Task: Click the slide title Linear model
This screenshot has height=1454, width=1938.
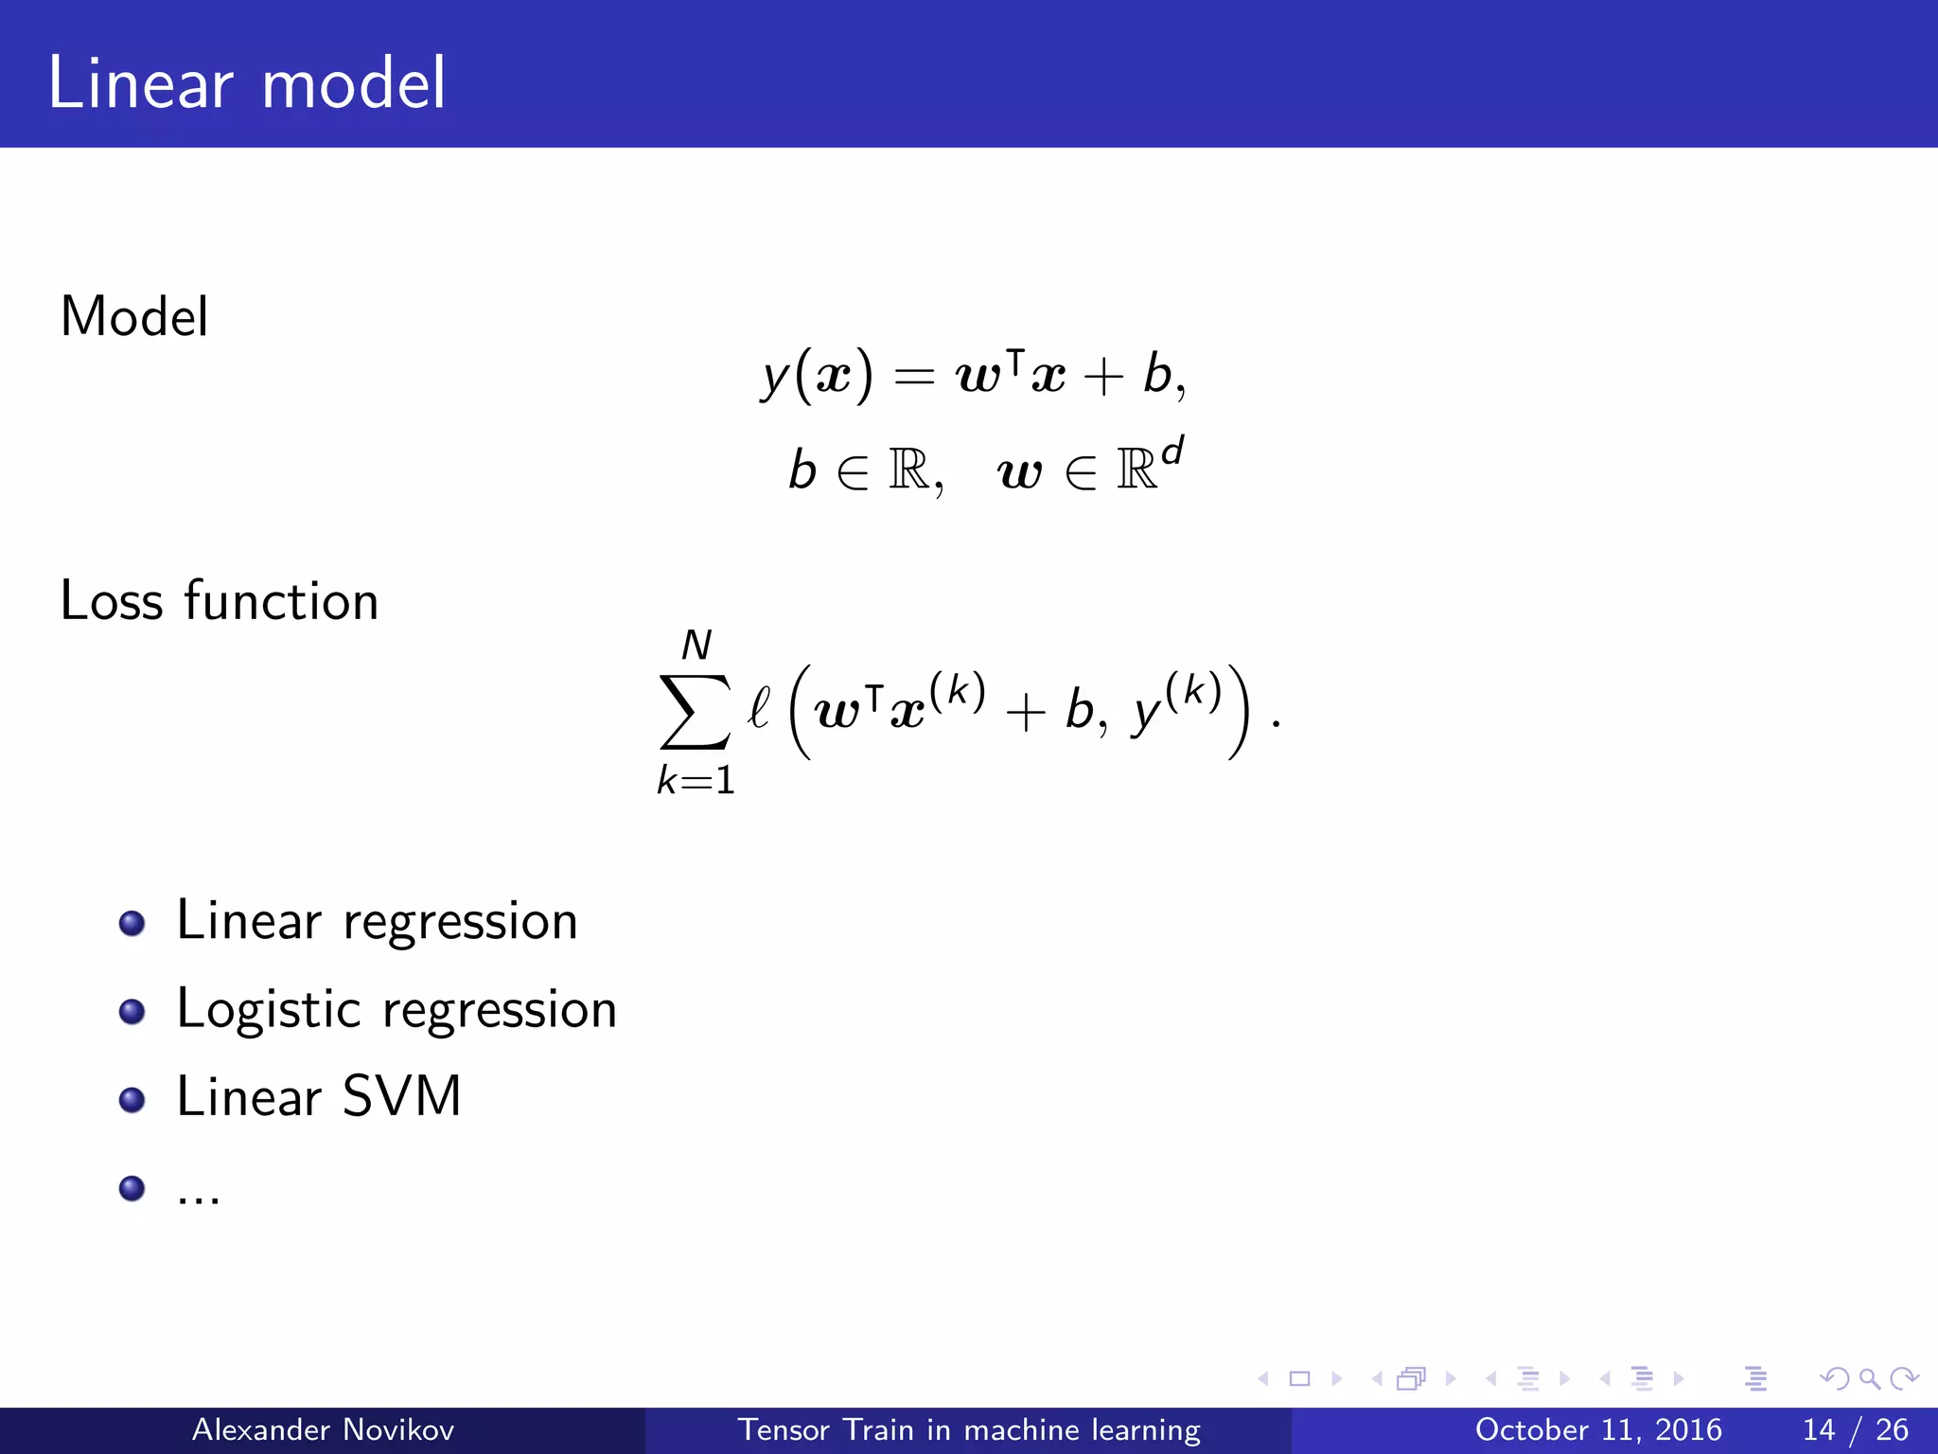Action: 246,83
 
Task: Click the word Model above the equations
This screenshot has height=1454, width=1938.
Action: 134,316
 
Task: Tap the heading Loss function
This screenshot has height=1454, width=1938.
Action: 220,600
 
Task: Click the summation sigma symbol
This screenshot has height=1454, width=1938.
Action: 696,712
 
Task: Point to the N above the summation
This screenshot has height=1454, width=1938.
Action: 696,646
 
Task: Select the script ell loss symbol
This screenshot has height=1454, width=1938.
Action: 758,707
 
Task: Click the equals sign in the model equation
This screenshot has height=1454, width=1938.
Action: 914,378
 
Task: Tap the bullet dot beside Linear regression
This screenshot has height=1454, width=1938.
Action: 132,923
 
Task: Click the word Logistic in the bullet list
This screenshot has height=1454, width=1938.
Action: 269,1009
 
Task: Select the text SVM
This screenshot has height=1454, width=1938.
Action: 401,1096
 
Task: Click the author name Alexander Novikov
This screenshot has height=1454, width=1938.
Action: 323,1429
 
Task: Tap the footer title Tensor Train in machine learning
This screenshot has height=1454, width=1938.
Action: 968,1429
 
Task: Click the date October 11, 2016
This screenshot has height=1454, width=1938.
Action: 1598,1429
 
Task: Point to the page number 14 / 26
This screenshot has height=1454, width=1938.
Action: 1855,1429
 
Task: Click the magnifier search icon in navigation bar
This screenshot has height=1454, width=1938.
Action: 1869,1378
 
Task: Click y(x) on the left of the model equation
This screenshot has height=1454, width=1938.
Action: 817,376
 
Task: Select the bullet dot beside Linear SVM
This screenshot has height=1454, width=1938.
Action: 132,1099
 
